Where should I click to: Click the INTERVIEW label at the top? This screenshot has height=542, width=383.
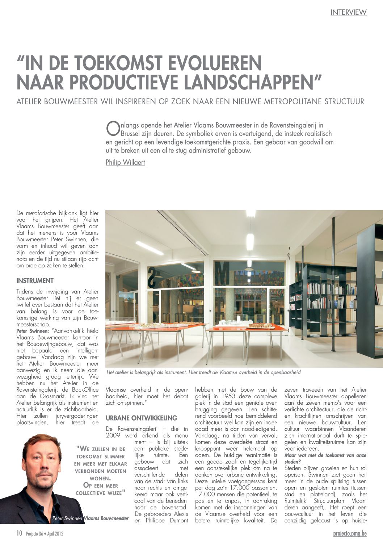tap(348, 12)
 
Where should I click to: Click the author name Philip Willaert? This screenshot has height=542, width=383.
tap(125, 162)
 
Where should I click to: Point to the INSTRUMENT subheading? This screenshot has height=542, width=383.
tap(35, 281)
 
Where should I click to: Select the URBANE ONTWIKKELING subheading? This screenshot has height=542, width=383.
tap(141, 418)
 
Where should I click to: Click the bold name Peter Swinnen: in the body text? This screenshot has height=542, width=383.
tap(33, 331)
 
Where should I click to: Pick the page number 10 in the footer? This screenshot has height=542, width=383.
tap(19, 533)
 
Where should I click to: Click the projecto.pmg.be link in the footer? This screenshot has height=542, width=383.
tap(350, 533)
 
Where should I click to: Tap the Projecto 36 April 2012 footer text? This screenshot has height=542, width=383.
tap(45, 534)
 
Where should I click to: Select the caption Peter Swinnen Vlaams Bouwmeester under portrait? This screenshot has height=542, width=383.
tap(90, 518)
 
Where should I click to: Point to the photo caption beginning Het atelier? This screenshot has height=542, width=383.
tap(203, 372)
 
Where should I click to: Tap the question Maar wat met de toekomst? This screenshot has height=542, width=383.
tap(325, 458)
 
